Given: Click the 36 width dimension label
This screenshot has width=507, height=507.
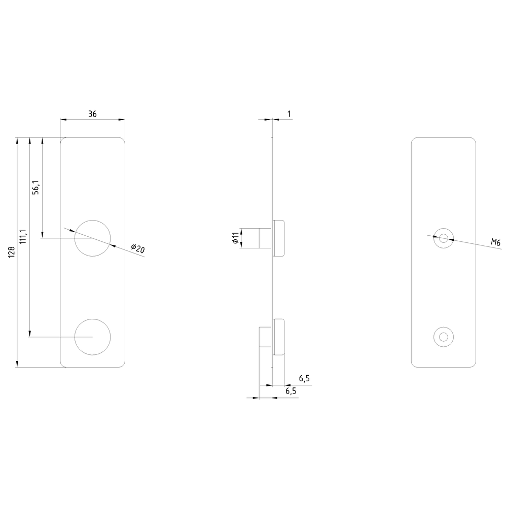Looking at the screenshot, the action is pyautogui.click(x=92, y=114).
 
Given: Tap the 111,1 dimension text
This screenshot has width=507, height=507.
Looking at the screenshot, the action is pyautogui.click(x=23, y=236).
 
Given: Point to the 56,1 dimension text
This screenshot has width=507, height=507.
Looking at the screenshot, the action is pyautogui.click(x=36, y=188).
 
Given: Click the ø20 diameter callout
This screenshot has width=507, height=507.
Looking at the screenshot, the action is pyautogui.click(x=138, y=248).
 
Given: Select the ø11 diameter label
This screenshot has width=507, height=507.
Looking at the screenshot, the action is pyautogui.click(x=236, y=238).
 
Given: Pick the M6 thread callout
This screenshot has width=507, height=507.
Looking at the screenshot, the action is pyautogui.click(x=496, y=242).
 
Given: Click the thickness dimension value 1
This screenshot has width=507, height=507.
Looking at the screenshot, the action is pyautogui.click(x=289, y=114).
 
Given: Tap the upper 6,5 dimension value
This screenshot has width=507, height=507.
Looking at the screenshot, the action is pyautogui.click(x=304, y=379).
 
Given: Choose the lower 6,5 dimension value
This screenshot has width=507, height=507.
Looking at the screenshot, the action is pyautogui.click(x=291, y=391).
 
